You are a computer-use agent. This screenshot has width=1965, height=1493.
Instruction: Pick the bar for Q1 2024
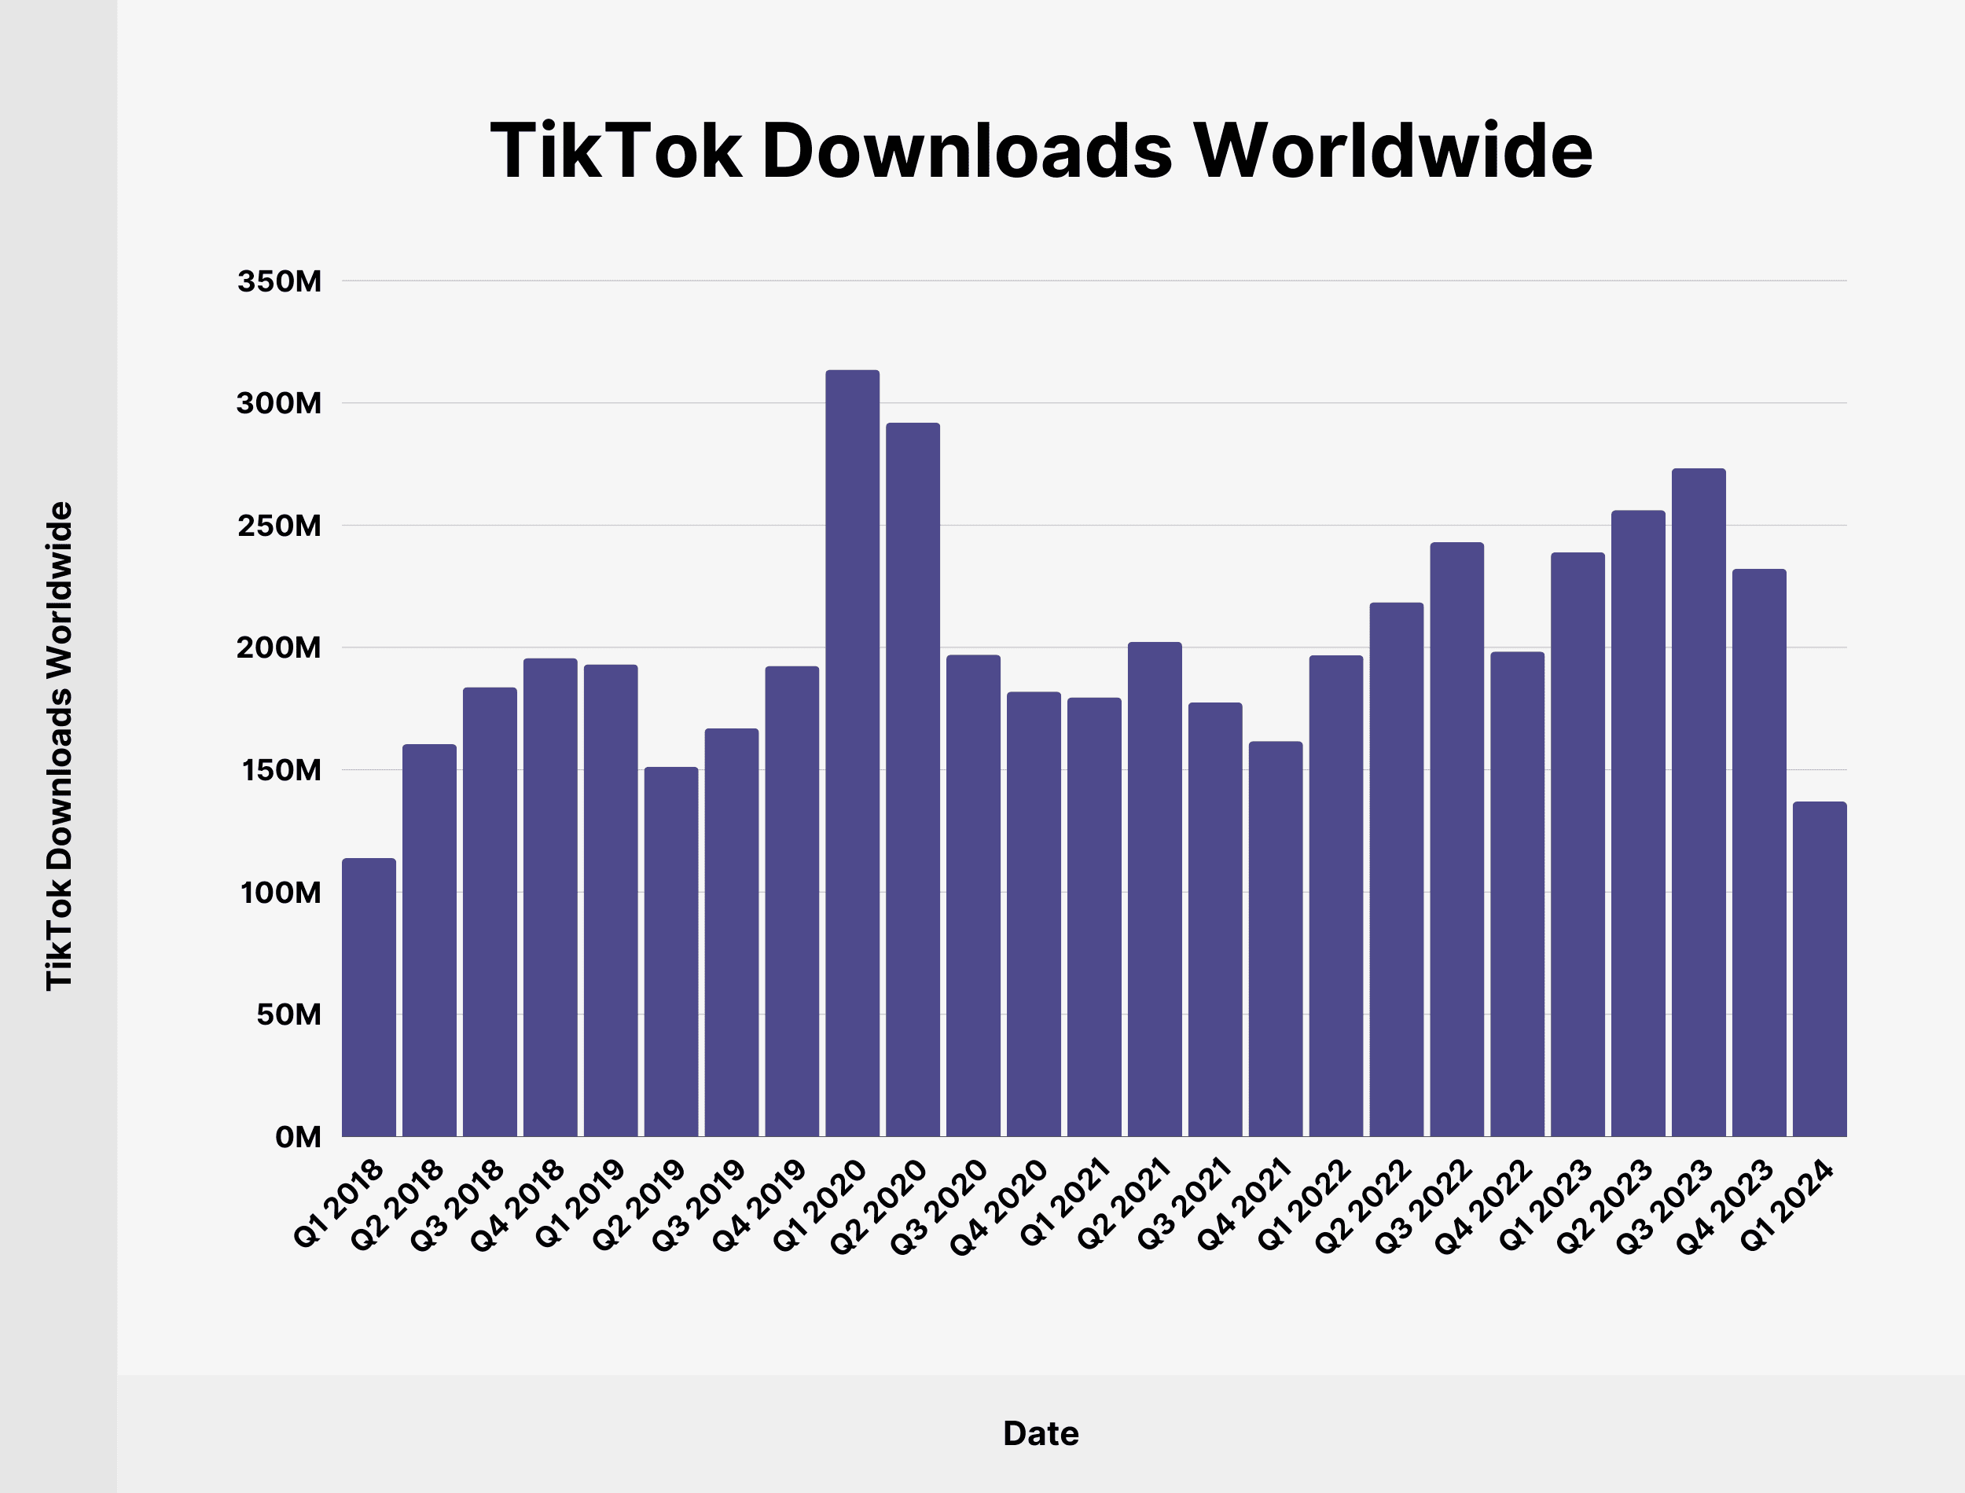tap(1820, 969)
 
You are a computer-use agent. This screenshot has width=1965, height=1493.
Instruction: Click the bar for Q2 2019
tap(671, 952)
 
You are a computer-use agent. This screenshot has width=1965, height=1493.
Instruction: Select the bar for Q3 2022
tap(1456, 840)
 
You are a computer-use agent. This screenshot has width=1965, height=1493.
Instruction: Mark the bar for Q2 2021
tap(1155, 890)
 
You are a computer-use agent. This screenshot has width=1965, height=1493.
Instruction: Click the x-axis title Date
tap(1041, 1433)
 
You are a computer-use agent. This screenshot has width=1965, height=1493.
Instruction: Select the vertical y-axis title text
tap(59, 746)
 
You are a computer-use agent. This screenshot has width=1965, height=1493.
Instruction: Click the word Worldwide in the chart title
tap(1393, 151)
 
